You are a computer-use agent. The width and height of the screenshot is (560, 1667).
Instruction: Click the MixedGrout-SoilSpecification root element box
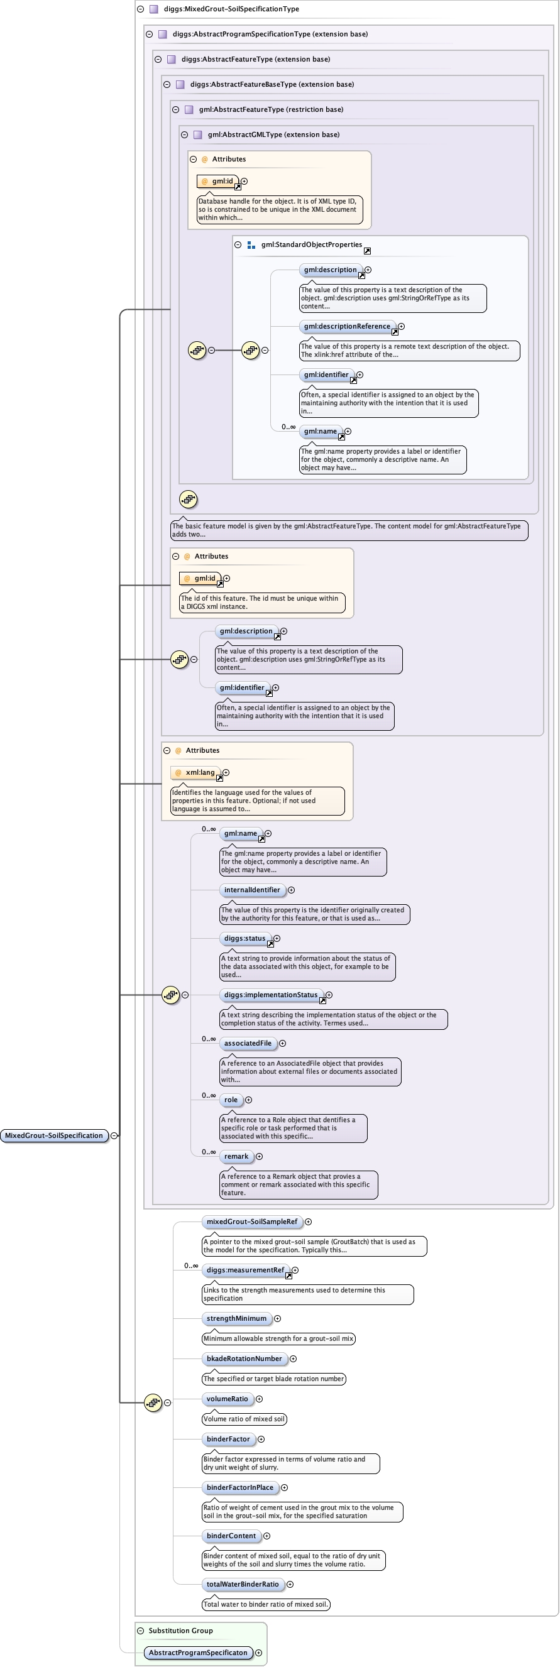tap(53, 1135)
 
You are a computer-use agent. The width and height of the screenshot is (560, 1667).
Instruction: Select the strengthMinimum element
tap(236, 1318)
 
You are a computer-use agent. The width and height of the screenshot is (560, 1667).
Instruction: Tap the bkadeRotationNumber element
tap(244, 1358)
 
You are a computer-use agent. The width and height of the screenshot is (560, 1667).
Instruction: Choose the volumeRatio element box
tap(228, 1399)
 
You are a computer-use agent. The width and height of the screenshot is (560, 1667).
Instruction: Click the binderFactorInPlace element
tap(239, 1487)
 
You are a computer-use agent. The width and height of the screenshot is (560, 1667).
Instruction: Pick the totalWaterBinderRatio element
tap(243, 1584)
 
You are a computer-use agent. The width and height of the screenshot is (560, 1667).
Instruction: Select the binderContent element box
tap(231, 1536)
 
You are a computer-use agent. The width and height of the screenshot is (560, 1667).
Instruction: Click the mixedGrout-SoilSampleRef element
tap(252, 1222)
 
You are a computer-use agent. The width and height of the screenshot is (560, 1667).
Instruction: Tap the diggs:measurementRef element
tap(245, 1270)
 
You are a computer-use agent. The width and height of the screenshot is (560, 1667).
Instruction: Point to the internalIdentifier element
tap(252, 890)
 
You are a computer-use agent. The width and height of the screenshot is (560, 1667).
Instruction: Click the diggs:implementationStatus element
tap(271, 995)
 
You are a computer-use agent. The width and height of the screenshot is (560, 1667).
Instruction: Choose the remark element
tap(236, 1156)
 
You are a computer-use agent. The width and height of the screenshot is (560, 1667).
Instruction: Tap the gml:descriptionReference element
tap(347, 326)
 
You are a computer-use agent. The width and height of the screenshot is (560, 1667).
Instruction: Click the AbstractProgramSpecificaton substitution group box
tap(197, 1652)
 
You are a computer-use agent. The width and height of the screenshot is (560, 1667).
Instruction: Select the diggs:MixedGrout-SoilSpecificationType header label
tap(231, 9)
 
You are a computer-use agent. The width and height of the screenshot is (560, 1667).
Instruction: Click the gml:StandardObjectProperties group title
tap(311, 244)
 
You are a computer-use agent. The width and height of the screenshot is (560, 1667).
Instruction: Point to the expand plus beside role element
tap(249, 1100)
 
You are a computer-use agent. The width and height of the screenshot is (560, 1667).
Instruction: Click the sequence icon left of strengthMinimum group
tap(153, 1402)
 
